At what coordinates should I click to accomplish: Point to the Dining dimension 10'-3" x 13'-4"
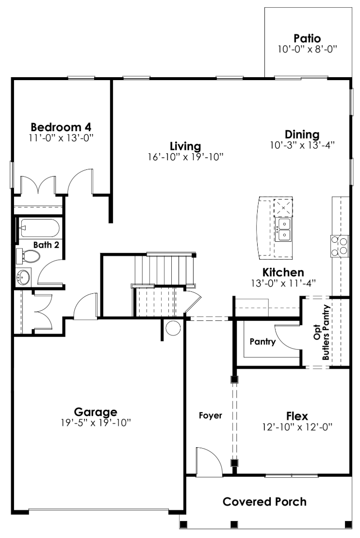(303, 145)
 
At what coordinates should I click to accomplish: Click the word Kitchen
(283, 272)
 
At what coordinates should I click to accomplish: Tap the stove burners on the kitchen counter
(340, 245)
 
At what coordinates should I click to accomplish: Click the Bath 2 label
(47, 245)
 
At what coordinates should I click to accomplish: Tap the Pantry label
(262, 342)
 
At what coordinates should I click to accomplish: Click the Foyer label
(211, 416)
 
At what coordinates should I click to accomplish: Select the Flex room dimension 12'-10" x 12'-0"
(297, 427)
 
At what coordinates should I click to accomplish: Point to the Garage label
(96, 412)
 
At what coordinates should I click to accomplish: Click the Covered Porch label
(264, 502)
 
